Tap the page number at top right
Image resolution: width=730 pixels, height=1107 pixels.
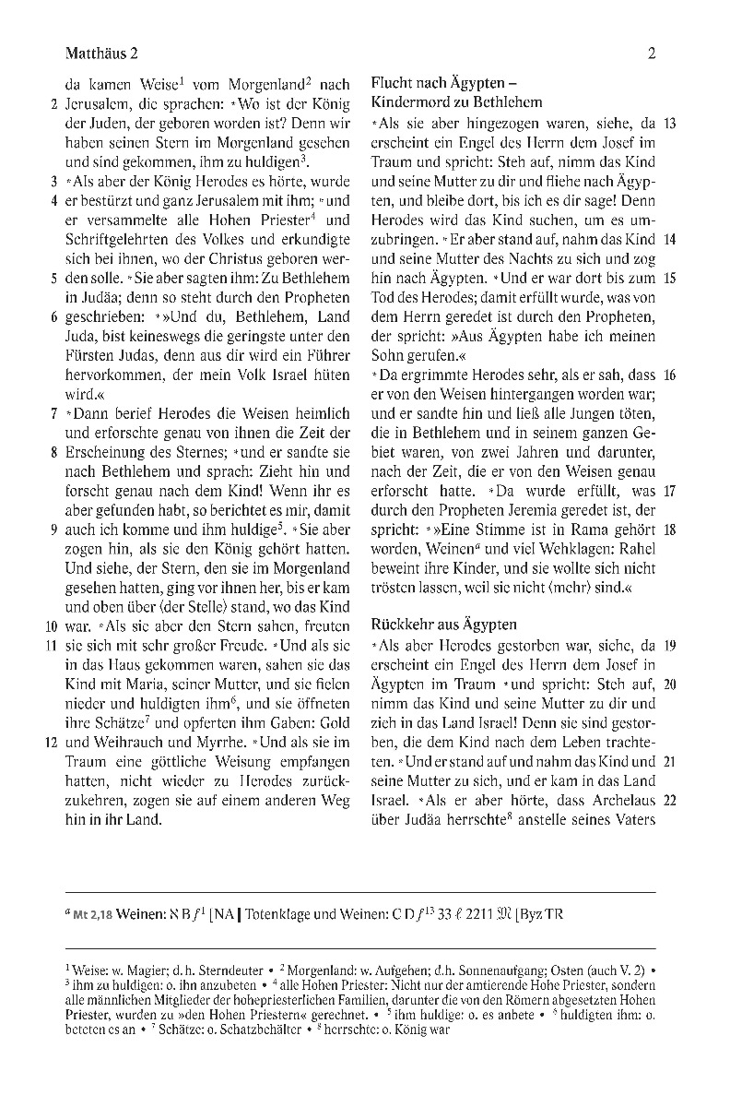tap(652, 53)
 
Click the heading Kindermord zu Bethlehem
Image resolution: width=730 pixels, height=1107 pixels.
tap(456, 102)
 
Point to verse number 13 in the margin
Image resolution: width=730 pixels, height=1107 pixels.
tap(670, 123)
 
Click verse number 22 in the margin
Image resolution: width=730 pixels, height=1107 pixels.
tap(670, 800)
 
